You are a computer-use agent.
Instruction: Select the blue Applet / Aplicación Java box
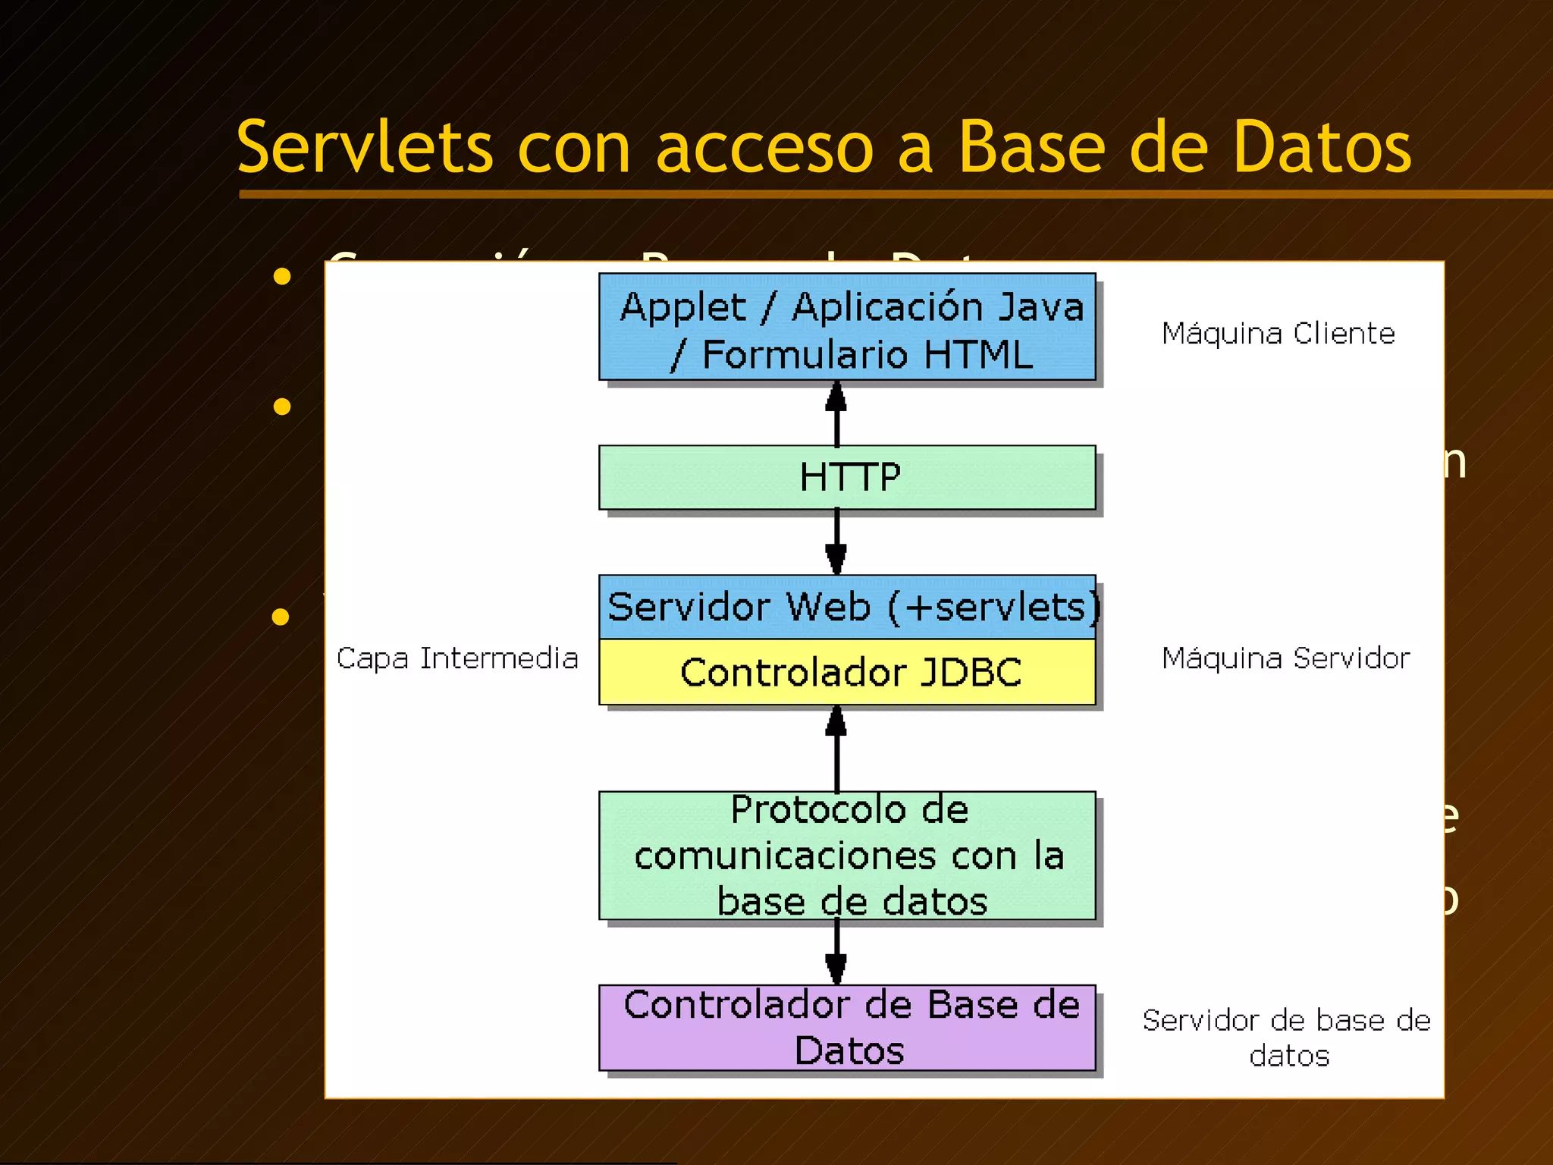[x=847, y=327]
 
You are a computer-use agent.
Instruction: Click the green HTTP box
[x=847, y=477]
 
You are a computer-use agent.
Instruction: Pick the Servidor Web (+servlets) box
[x=847, y=607]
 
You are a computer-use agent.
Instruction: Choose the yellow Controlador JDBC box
[x=847, y=672]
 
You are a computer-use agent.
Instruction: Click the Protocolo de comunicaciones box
[x=847, y=856]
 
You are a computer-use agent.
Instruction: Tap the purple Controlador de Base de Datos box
[x=847, y=1028]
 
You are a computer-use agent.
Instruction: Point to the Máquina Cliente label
[x=1278, y=334]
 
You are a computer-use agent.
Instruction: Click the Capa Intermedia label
[x=457, y=658]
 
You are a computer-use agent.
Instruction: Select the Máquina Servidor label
[x=1286, y=658]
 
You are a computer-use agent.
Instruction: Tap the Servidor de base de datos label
[x=1287, y=1038]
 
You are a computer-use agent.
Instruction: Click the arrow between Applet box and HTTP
[x=836, y=413]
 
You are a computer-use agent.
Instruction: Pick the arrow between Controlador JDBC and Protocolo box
[x=836, y=748]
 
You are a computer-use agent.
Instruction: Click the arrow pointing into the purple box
[x=836, y=952]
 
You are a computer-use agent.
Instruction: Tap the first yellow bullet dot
[x=282, y=276]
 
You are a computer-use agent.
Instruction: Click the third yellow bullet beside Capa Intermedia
[x=281, y=617]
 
